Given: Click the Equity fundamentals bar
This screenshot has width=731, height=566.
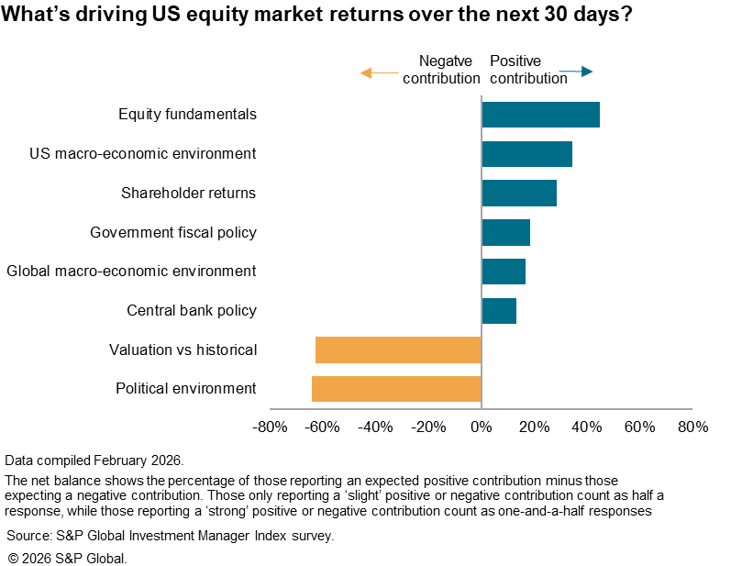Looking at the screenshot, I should tap(540, 115).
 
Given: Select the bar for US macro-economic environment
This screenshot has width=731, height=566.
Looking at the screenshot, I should tap(526, 154).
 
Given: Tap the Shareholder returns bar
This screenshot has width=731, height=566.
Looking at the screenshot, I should tap(519, 193).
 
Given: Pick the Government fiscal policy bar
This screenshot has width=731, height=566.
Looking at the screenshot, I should tap(505, 232).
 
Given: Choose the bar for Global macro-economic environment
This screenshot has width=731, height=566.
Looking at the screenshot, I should tap(504, 272).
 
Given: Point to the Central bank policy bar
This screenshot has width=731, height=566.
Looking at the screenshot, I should tap(499, 310).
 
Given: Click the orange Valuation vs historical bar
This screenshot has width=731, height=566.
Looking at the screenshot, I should tap(398, 350).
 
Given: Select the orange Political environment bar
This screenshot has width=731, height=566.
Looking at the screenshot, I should tap(396, 388).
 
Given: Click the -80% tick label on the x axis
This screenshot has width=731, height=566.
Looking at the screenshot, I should tap(269, 427).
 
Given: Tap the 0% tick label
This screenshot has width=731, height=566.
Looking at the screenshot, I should tap(481, 427).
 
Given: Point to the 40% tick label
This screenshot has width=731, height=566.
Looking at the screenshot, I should tap(587, 427).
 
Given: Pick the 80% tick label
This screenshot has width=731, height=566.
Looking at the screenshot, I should tap(692, 427).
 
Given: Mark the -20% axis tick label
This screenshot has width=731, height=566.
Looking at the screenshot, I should tap(427, 427).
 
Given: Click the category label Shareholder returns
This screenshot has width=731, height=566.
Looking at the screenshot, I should tap(188, 193).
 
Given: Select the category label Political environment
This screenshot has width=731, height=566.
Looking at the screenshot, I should tap(185, 388).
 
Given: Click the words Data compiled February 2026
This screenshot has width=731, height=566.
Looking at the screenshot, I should tap(94, 460).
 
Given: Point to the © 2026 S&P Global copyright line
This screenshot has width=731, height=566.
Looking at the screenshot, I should tap(67, 557).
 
